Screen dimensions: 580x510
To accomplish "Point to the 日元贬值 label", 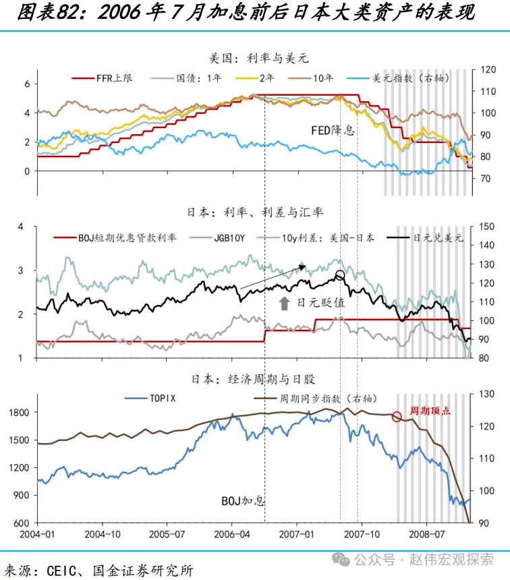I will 321,303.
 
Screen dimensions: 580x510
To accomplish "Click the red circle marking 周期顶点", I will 397,417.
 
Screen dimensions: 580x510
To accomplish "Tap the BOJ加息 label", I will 244,501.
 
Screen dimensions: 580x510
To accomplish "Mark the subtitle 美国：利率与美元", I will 256,59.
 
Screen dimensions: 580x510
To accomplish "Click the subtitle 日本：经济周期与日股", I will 256,378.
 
